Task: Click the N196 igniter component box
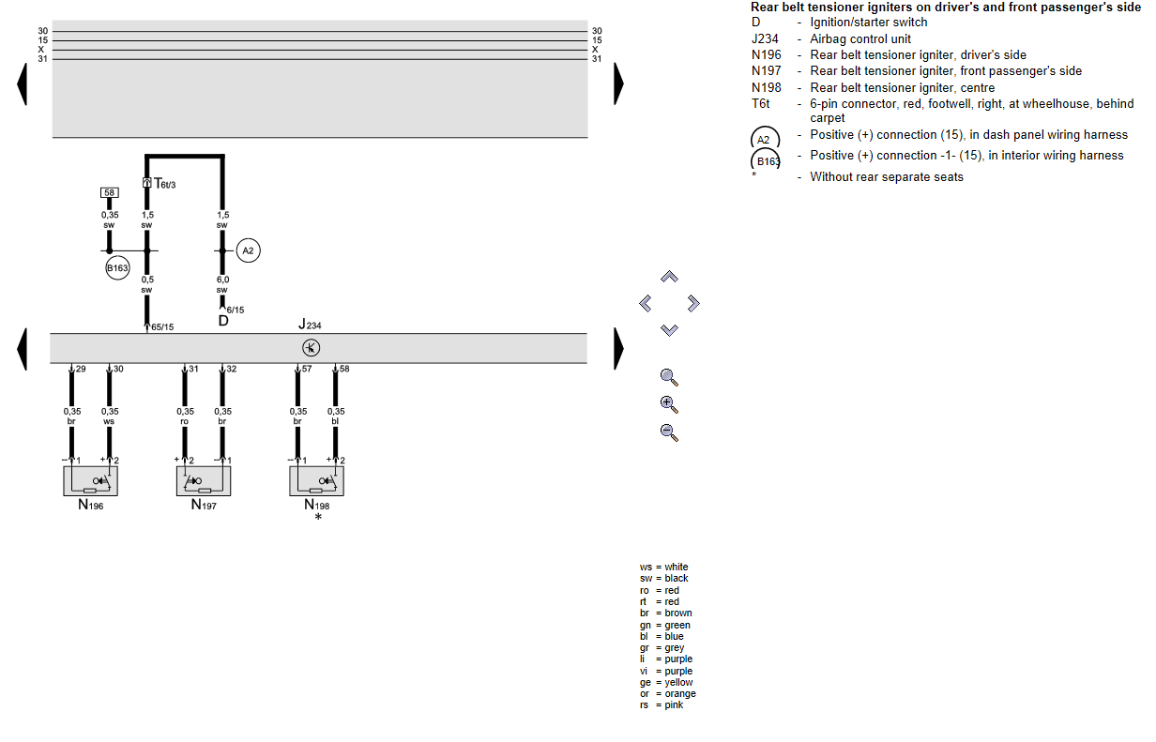pyautogui.click(x=91, y=480)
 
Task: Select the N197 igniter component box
pyautogui.click(x=204, y=480)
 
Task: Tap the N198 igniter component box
pyautogui.click(x=316, y=480)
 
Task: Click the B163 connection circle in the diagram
pyautogui.click(x=117, y=268)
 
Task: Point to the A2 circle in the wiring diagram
pyautogui.click(x=248, y=250)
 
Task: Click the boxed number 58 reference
pyautogui.click(x=110, y=192)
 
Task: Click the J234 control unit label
pyautogui.click(x=311, y=325)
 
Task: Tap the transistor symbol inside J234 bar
pyautogui.click(x=312, y=348)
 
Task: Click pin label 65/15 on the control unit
pyautogui.click(x=162, y=327)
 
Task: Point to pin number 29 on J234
pyautogui.click(x=81, y=370)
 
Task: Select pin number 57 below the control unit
pyautogui.click(x=306, y=370)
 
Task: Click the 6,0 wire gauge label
pyautogui.click(x=222, y=280)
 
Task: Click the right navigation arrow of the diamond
pyautogui.click(x=693, y=303)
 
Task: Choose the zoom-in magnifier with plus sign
pyautogui.click(x=668, y=404)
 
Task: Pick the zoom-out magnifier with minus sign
pyautogui.click(x=668, y=432)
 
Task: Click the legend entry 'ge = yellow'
pyautogui.click(x=666, y=683)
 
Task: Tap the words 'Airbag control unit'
pyautogui.click(x=860, y=39)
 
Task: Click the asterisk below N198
pyautogui.click(x=318, y=518)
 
